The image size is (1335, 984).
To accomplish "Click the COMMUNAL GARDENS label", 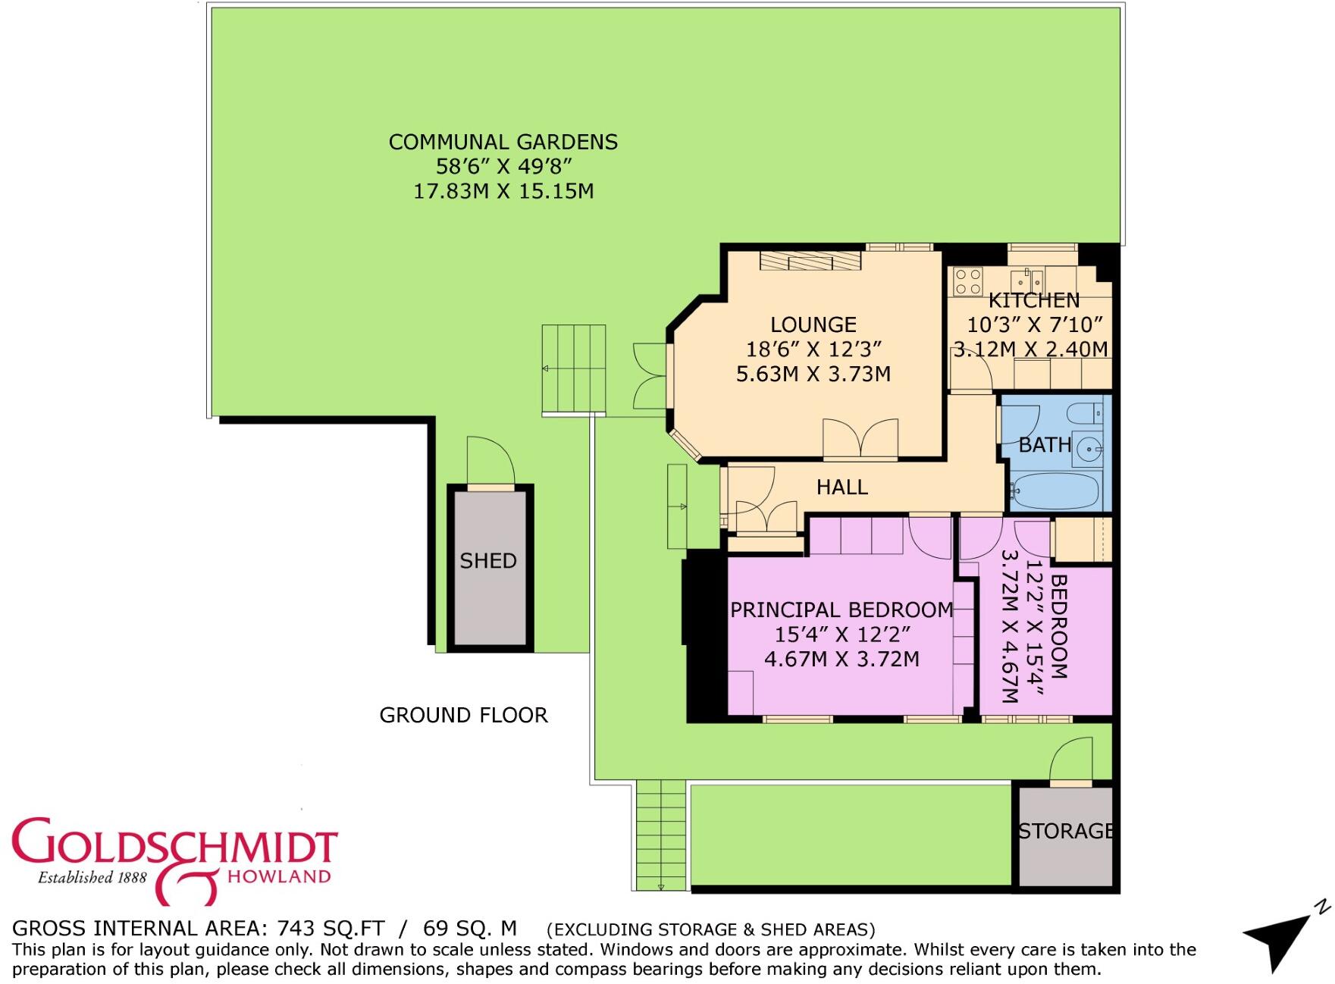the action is coord(503,143).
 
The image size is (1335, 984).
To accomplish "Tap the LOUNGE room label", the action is coord(813,325).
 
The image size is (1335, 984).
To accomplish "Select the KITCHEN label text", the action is coord(1034,300).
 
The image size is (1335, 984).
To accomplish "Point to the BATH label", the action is coord(1045,445).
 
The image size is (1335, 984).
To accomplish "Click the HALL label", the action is coord(842,487).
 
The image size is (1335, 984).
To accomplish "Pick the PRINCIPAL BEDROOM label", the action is coord(841,610).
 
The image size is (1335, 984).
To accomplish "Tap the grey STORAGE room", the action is coord(1066,836).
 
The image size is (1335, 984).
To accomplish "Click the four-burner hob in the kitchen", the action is coord(969,281).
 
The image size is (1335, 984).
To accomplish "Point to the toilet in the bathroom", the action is coord(1084,414).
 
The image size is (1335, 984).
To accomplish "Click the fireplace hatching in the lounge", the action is coord(810,261).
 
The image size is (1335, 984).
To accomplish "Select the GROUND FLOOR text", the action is coord(463,716).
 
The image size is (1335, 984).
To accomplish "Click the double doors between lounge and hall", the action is coord(860,439).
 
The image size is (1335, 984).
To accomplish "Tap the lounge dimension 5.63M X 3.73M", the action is coord(813,374).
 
